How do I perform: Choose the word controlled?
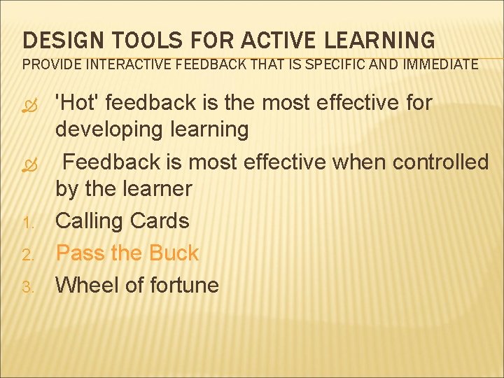[x=441, y=162]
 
